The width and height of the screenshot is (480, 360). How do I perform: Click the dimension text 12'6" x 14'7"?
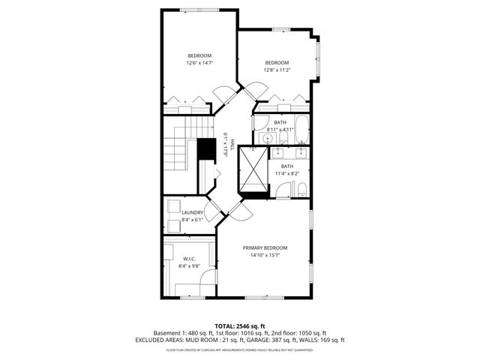[199, 63]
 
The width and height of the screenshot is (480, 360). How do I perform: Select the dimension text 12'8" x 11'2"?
[277, 70]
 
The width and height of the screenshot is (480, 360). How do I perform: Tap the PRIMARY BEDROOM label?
[265, 247]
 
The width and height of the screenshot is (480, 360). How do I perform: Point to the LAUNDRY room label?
[192, 213]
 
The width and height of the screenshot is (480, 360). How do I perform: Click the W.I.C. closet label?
[189, 258]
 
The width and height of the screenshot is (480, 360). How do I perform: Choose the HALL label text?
[233, 144]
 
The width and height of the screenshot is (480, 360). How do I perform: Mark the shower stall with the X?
[253, 170]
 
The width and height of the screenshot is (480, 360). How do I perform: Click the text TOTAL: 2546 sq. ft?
[239, 325]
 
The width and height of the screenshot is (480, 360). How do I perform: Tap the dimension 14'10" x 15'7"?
[265, 255]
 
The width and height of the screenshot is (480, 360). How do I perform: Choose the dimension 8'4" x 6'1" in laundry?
[192, 220]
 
